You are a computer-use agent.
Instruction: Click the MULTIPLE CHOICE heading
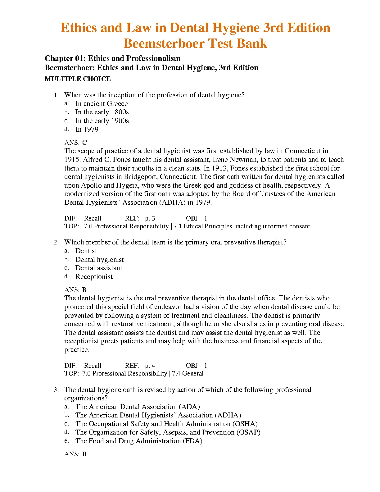[x=78, y=79]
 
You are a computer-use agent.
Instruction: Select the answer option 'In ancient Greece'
[x=101, y=104]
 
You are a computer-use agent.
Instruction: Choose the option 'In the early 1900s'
[x=102, y=121]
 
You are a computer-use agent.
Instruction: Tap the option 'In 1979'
[x=87, y=130]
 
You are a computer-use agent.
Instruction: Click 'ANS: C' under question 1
[x=75, y=143]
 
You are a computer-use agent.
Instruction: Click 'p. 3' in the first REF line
[x=150, y=218]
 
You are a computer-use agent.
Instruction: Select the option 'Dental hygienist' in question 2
[x=99, y=260]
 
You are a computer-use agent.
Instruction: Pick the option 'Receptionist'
[x=94, y=277]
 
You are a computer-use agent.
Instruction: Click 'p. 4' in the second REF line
[x=150, y=366]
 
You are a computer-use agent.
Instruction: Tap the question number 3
[x=56, y=390]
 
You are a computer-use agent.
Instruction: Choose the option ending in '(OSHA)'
[x=166, y=424]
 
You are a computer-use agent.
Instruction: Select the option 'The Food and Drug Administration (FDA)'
[x=139, y=441]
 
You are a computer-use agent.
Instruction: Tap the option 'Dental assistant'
[x=99, y=268]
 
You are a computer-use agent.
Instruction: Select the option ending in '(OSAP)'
[x=168, y=432]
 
